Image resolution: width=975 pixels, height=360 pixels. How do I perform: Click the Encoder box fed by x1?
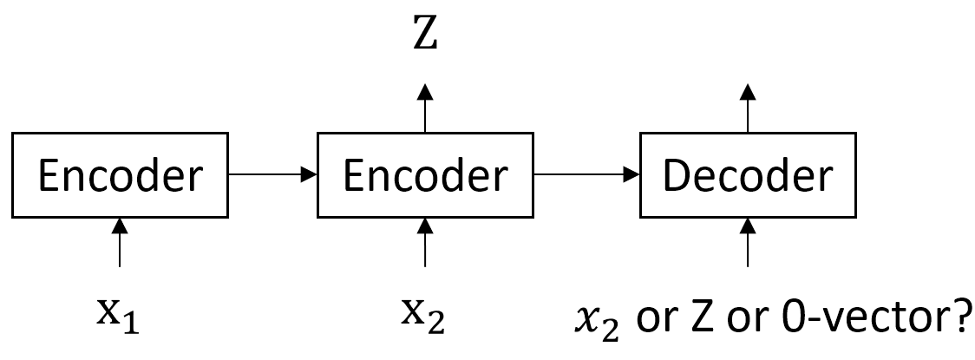tap(119, 175)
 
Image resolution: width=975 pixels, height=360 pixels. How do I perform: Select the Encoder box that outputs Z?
tap(424, 175)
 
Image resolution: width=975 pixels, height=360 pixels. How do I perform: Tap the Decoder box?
tap(747, 175)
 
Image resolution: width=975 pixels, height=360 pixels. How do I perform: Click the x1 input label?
tap(119, 315)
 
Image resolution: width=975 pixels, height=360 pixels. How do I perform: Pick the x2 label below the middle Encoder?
tap(424, 315)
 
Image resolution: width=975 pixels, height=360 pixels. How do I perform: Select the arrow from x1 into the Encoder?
tap(119, 242)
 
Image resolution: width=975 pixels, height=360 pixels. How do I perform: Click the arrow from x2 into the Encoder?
tap(424, 242)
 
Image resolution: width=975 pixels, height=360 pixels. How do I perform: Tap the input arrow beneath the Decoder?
tap(747, 242)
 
